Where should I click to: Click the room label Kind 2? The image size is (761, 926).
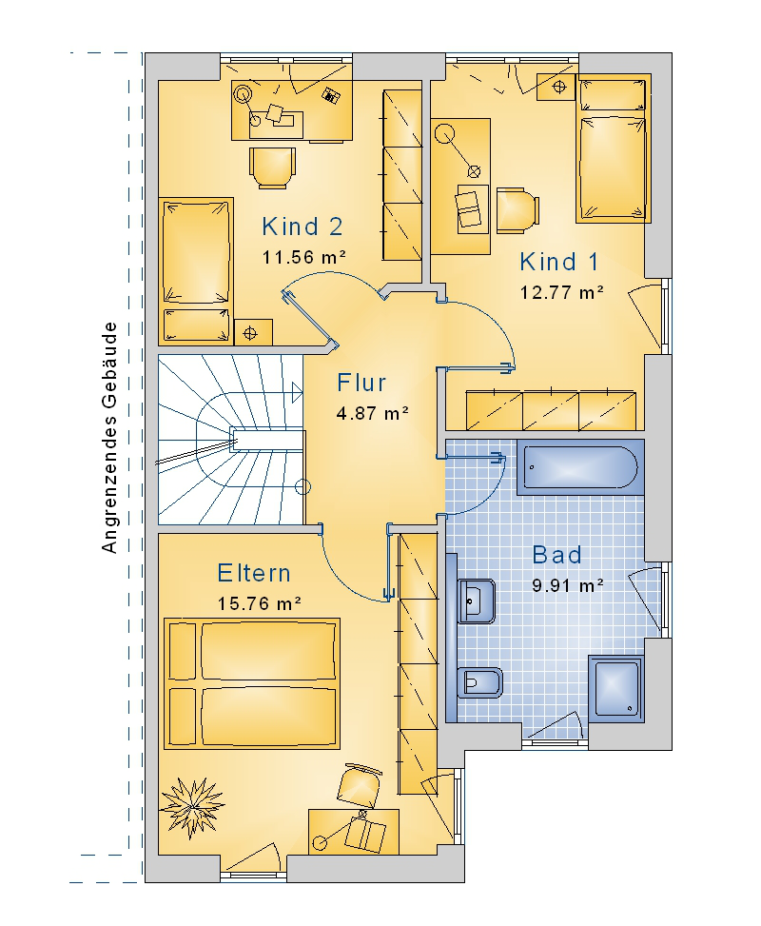(302, 227)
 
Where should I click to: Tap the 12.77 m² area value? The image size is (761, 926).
(561, 292)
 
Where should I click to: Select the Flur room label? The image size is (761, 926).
(361, 383)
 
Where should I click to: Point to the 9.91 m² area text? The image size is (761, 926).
(567, 585)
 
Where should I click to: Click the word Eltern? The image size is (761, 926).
(254, 573)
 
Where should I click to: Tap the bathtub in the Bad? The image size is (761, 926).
(580, 466)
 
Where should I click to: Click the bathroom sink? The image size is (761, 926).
(476, 601)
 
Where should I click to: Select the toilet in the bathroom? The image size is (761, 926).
(479, 683)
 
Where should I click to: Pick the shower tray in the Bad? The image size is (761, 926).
(616, 689)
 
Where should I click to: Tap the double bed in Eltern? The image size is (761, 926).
(252, 684)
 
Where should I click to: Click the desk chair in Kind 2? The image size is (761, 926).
(272, 167)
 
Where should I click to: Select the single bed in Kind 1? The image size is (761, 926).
(614, 148)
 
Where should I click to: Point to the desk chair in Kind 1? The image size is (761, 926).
(517, 211)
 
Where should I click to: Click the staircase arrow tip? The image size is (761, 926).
(302, 392)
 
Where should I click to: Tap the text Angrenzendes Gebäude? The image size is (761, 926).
(109, 438)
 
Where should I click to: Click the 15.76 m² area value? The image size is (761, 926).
(259, 603)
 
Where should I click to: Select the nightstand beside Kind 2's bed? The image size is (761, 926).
(253, 332)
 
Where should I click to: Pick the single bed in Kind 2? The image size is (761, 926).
(195, 271)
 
